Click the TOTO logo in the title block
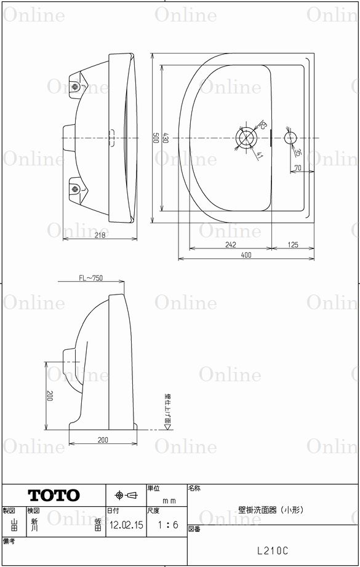point(54,495)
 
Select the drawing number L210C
point(273,552)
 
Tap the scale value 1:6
point(167,525)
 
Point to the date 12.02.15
point(126,526)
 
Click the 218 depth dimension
point(99,235)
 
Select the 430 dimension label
point(166,138)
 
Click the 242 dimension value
point(230,245)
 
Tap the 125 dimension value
point(292,245)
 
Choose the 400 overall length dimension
point(246,255)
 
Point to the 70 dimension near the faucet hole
point(297,167)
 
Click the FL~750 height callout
point(90,279)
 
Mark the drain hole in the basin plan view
point(247,137)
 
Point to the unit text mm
point(169,501)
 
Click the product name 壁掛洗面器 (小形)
point(271,509)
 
